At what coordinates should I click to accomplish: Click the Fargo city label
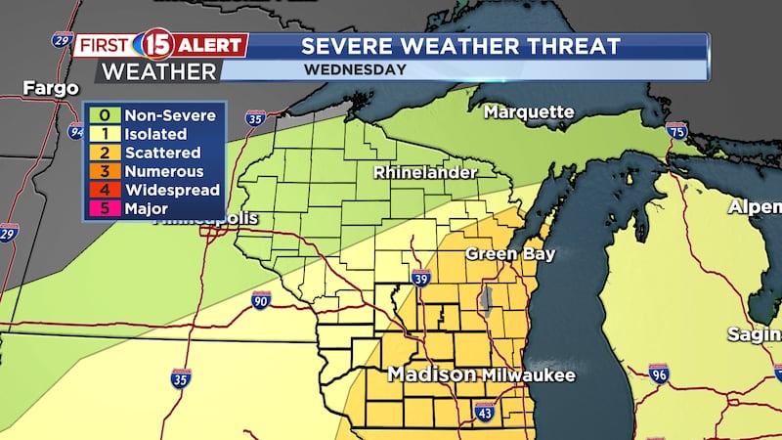51,89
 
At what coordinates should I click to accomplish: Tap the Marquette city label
529,112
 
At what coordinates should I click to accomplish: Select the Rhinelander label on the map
425,173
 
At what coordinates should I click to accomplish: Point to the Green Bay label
510,254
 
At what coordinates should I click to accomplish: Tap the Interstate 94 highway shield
76,131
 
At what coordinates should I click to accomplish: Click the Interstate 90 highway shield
261,300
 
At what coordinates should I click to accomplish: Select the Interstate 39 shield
420,278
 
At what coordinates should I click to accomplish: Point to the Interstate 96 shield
659,373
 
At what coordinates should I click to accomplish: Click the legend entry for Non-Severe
153,116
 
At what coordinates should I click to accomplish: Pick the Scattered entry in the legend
153,154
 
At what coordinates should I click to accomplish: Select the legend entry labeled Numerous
153,172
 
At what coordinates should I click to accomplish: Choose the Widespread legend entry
153,191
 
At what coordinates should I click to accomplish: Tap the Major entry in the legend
153,208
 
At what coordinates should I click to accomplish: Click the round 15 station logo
157,45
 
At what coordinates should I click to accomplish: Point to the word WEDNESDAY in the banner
354,70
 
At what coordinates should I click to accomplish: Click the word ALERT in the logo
211,45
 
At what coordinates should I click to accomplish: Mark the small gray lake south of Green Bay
486,298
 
